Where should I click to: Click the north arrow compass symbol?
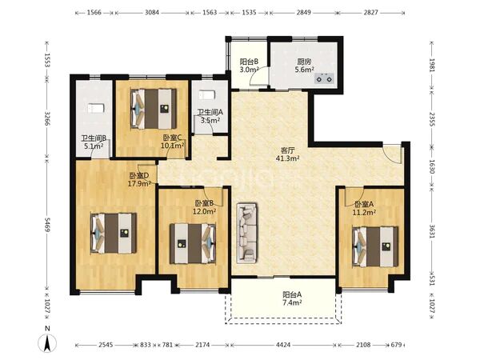pos(47,343)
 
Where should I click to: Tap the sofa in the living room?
pos(246,233)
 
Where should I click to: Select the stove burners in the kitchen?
pos(324,78)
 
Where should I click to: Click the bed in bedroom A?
pos(375,246)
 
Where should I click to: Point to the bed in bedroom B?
pos(193,243)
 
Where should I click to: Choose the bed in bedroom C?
pos(154,109)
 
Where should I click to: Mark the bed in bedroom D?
pos(114,233)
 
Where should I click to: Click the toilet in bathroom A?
pos(206,95)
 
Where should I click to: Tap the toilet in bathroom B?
pos(96,108)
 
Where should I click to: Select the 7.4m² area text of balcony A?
pos(292,302)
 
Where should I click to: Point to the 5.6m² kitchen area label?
pos(304,70)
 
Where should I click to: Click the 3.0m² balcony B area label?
pos(249,70)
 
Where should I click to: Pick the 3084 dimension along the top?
pos(152,13)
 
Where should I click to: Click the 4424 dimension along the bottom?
pos(283,345)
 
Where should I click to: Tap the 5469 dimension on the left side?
pos(47,225)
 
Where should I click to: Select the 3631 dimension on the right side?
pos(432,232)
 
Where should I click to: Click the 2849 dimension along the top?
pos(304,13)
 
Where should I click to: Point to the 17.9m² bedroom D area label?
pos(139,184)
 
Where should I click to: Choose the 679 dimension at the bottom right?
pos(397,345)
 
